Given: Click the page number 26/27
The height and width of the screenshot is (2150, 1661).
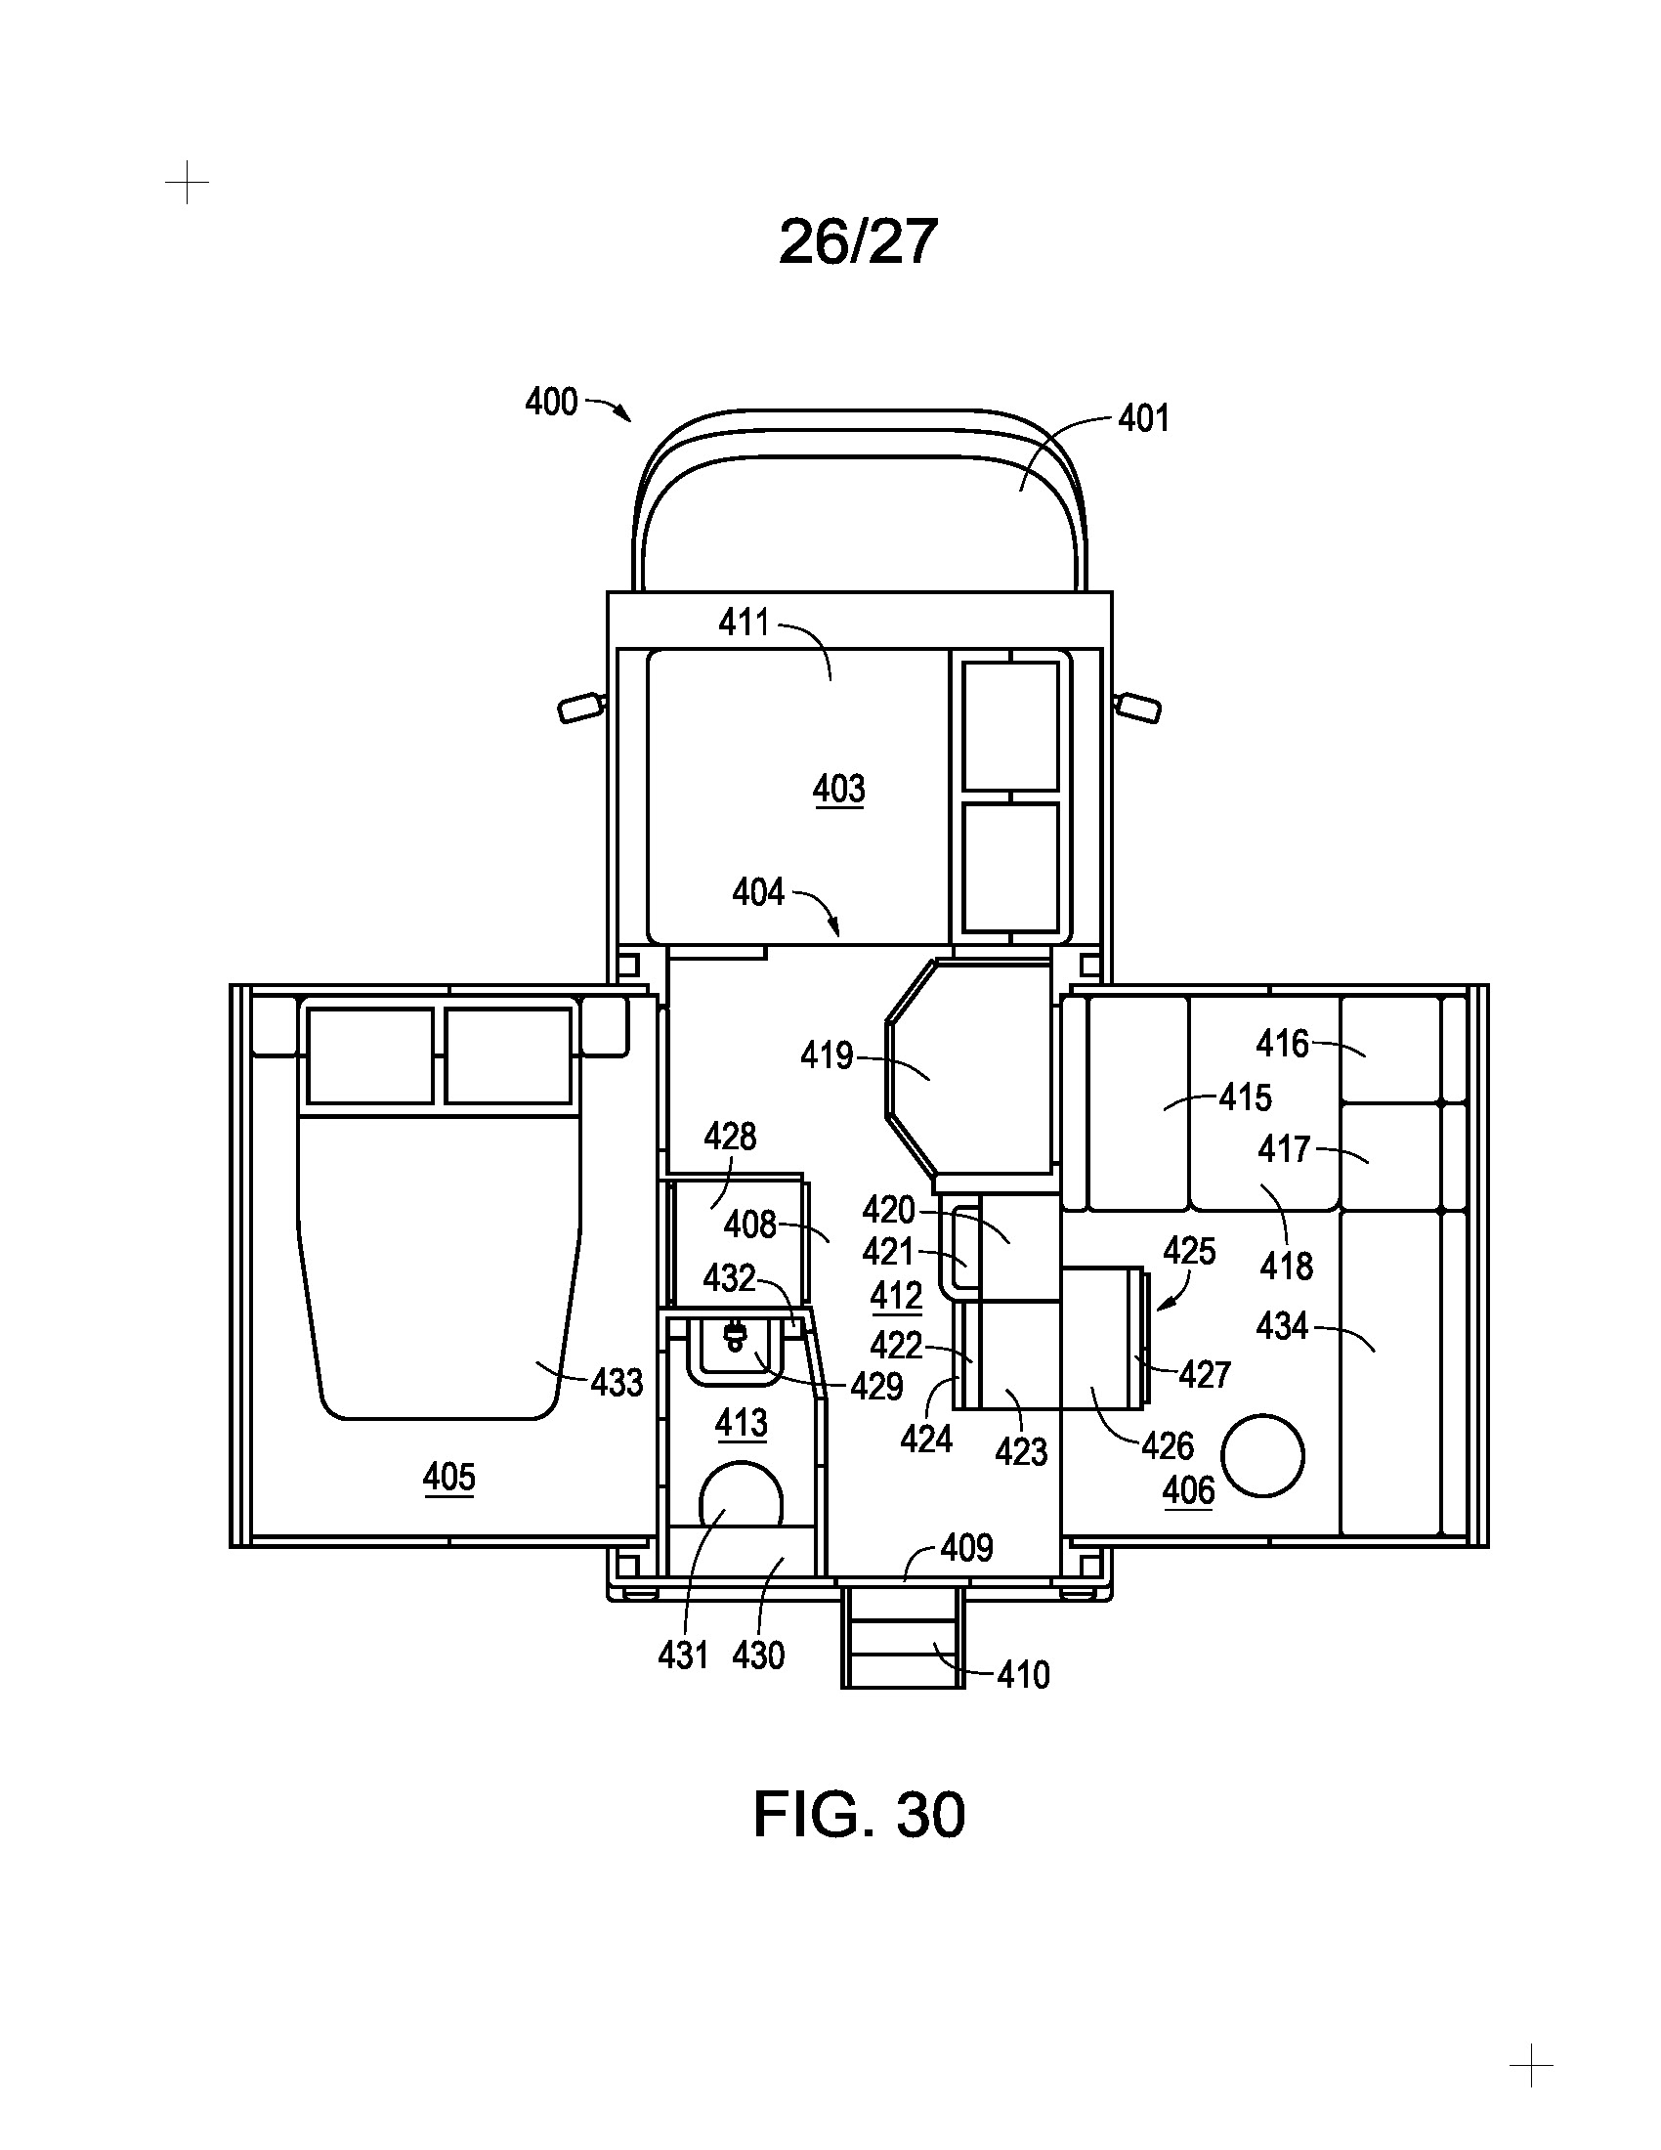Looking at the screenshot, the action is coord(857,242).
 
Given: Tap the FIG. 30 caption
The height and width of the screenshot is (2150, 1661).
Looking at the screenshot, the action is coord(859,1815).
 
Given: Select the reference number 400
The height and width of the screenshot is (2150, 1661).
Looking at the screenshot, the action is coord(551,402).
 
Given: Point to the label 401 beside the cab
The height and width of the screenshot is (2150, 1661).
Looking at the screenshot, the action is coord(1143,418).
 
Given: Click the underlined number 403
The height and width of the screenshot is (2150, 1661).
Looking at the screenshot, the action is coord(839,789).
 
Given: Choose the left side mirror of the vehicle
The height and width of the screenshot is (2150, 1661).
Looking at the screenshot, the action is coord(581,707).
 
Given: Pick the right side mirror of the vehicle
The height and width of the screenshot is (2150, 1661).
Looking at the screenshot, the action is coord(1137,707).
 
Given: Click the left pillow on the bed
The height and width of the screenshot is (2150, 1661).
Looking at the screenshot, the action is coord(370,1055).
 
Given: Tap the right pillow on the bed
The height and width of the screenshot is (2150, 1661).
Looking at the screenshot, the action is coord(508,1055).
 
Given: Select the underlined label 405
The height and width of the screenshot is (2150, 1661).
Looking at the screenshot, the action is coord(448,1477).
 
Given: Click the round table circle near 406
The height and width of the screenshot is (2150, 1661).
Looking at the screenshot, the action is coord(1262,1456).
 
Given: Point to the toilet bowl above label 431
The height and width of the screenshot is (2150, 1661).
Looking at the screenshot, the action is coord(740,1494).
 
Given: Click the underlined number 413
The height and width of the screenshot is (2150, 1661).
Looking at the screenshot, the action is coord(741,1423).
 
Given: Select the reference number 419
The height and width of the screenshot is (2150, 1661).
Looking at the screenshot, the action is coord(827,1056).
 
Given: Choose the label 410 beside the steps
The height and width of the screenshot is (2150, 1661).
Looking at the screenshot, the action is coord(1023,1674).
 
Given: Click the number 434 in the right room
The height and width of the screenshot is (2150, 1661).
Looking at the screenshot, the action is coord(1282,1326).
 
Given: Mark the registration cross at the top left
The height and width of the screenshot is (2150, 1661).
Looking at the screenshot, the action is coord(187,183).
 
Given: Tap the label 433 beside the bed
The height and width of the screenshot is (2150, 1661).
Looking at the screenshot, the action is coord(617,1383).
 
